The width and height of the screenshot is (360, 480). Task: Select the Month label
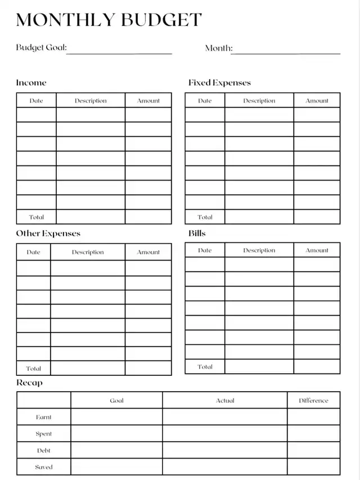tap(218, 48)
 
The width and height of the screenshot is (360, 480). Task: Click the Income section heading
tap(31, 83)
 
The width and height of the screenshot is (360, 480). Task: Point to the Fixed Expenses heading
tap(219, 83)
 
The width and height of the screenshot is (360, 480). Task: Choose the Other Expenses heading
tap(48, 234)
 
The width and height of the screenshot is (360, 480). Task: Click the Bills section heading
tap(197, 233)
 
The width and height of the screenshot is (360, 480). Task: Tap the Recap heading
tap(29, 383)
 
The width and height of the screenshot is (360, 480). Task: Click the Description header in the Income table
tap(91, 101)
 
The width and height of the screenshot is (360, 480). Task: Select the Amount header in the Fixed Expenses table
tap(317, 101)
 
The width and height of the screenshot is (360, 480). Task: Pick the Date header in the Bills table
tap(205, 250)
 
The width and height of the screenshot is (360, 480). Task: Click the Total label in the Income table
tap(36, 217)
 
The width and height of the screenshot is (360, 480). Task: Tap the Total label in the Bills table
tap(205, 367)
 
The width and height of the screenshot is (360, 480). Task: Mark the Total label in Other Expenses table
tap(33, 369)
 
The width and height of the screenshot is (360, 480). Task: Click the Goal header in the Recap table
tap(116, 401)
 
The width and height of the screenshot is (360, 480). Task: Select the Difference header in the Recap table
tap(313, 401)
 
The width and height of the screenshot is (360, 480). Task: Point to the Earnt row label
tap(43, 418)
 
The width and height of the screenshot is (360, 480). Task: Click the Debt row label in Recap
tap(43, 451)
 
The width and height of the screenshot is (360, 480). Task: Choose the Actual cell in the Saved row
tap(225, 467)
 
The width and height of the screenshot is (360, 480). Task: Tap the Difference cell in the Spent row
tap(313, 434)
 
